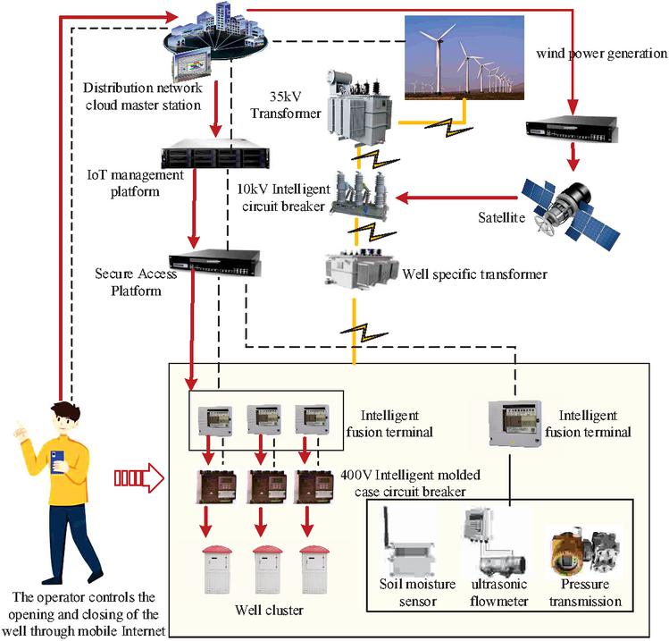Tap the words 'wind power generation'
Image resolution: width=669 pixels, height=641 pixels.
click(601, 54)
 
